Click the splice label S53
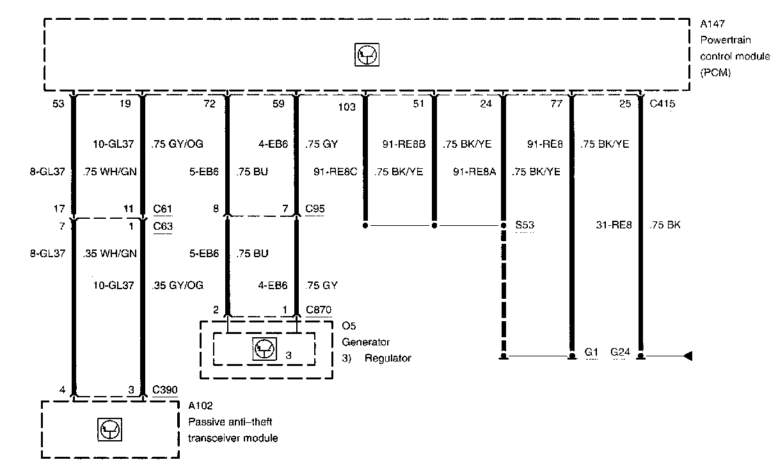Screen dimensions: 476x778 pos(525,226)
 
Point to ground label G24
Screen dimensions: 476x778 pos(621,352)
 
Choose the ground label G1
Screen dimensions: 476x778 pos(591,352)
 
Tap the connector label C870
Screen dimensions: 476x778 pos(318,310)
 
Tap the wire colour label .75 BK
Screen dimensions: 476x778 pos(665,225)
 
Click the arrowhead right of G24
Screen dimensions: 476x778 pos(687,356)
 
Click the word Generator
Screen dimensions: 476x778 pos(365,342)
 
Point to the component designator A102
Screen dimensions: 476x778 pos(200,405)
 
